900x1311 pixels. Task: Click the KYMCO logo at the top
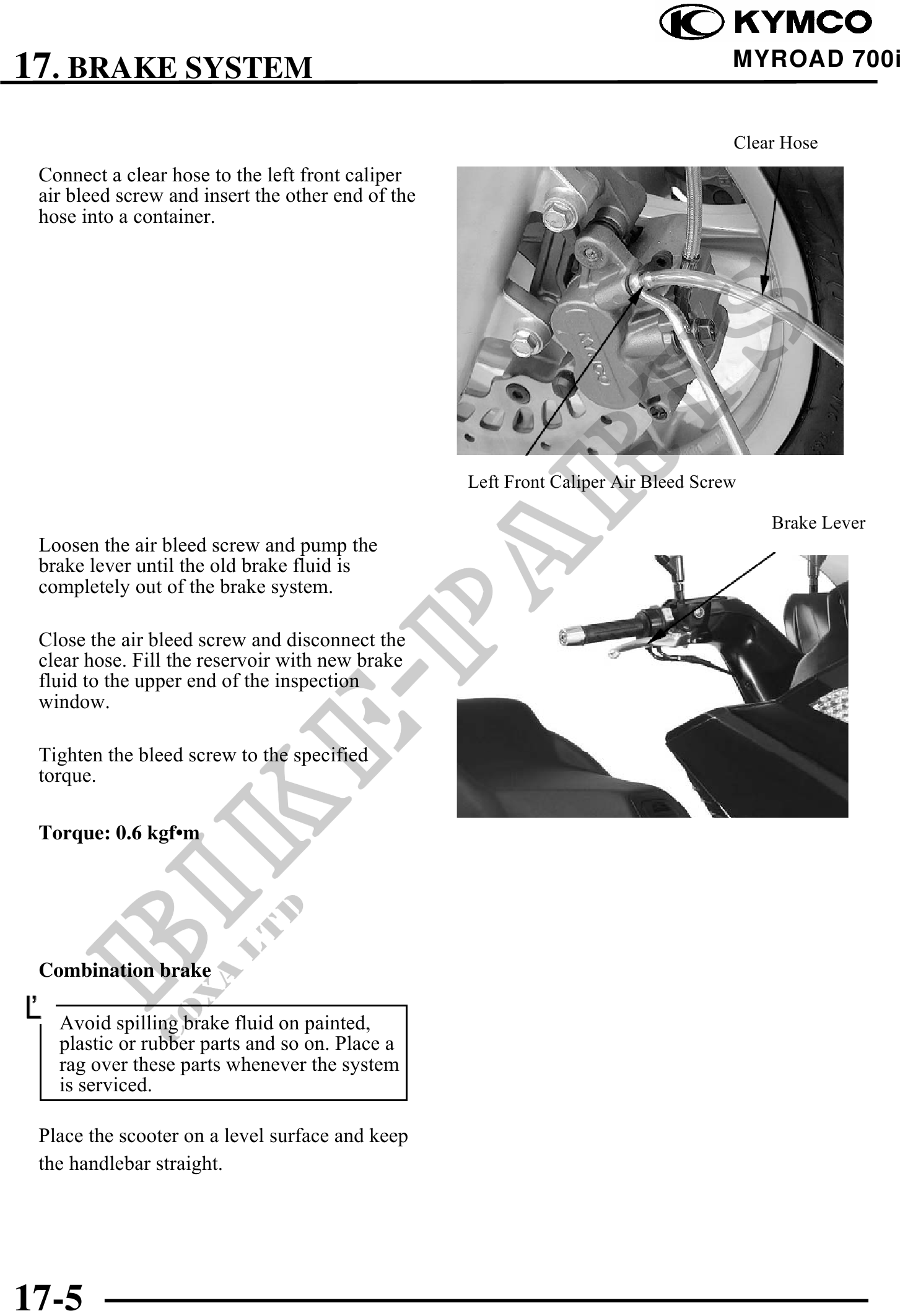pyautogui.click(x=766, y=23)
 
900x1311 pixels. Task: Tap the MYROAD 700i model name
pyautogui.click(x=815, y=59)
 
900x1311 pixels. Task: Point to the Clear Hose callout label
pyautogui.click(x=775, y=143)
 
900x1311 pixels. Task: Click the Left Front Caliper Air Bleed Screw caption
pyautogui.click(x=601, y=482)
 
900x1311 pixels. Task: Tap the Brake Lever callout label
pyautogui.click(x=818, y=523)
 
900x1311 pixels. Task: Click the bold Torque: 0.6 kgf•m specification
pyautogui.click(x=119, y=833)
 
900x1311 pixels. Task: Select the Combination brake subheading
pyautogui.click(x=125, y=970)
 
